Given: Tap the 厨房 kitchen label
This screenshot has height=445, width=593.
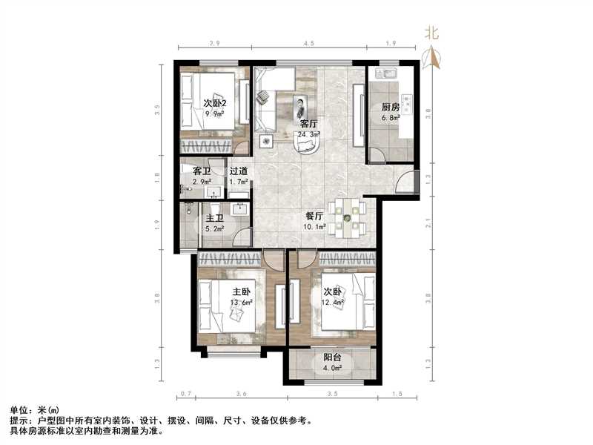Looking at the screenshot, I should tap(390, 107).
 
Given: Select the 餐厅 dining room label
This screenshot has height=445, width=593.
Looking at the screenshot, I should tap(314, 217).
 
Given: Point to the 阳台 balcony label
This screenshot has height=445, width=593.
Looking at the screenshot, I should tap(332, 357).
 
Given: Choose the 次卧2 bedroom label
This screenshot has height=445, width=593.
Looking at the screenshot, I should tap(214, 103).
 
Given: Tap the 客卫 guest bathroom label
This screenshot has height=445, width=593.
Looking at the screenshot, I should tap(202, 171).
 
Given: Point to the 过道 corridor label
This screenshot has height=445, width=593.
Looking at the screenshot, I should tap(238, 171).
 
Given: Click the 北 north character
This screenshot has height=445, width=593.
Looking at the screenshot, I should tap(431, 33).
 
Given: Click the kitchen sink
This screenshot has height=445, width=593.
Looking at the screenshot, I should tap(386, 73).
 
